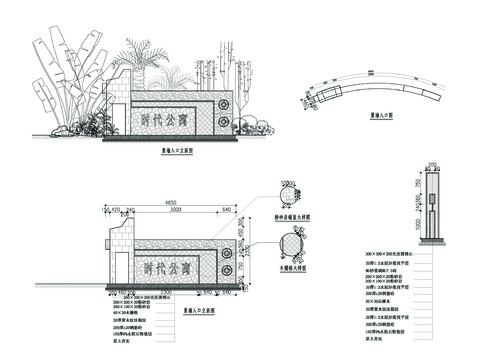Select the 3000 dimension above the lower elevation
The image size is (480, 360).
[x=174, y=211]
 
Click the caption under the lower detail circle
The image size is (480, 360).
[x=293, y=269]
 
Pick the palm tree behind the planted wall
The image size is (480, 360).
[x=140, y=65]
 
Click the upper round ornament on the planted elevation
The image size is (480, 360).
[x=222, y=103]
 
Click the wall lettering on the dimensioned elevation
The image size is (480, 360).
[x=165, y=267]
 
